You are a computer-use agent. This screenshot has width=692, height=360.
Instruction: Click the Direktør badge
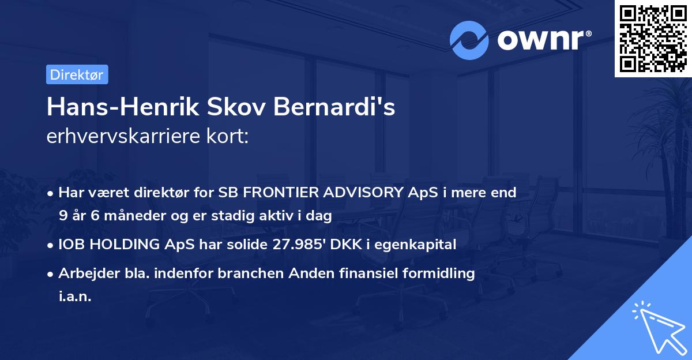(x=77, y=74)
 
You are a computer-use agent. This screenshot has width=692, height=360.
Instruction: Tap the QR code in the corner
(x=652, y=38)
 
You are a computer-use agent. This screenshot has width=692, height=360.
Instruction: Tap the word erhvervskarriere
(x=122, y=137)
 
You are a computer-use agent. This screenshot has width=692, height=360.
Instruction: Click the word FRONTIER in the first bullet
(x=265, y=193)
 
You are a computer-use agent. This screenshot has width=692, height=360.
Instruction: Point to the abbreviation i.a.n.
(x=75, y=296)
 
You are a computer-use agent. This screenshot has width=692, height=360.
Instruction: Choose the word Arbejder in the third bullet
(x=84, y=273)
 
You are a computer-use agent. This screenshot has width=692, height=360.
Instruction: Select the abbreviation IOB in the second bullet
(x=71, y=245)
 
